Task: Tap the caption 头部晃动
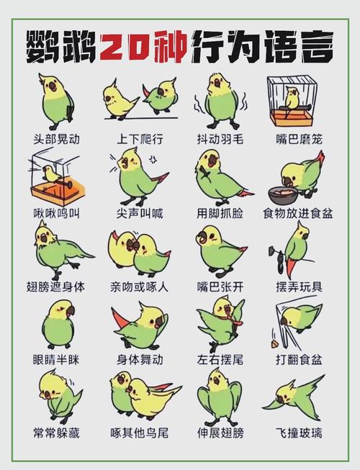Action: tap(57, 139)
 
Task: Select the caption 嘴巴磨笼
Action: tap(299, 139)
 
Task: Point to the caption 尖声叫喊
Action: tap(140, 214)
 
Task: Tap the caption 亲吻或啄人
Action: tap(140, 287)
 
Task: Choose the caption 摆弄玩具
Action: tap(299, 287)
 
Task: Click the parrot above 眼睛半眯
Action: tap(59, 325)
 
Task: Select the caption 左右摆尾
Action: tap(220, 359)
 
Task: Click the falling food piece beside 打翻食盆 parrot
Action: tap(274, 344)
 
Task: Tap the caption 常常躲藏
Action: tap(57, 433)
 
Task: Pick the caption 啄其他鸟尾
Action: tap(140, 433)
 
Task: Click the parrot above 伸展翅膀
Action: tap(219, 396)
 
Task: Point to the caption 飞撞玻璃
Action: tap(299, 433)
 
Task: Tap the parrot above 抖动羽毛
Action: tap(221, 101)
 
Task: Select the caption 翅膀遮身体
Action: tap(55, 287)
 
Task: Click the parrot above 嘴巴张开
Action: tap(221, 251)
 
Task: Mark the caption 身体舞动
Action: tap(140, 359)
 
